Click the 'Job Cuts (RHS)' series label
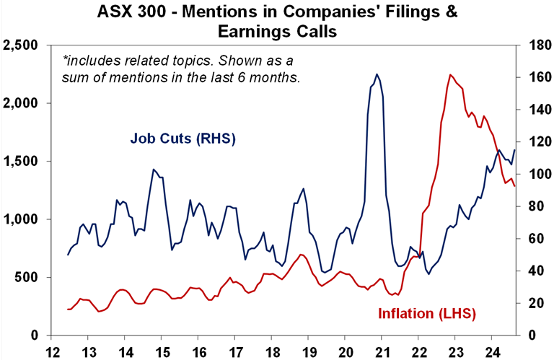click(x=183, y=138)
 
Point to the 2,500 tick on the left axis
click(x=21, y=45)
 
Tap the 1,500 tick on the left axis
click(x=21, y=162)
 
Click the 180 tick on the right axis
click(x=532, y=45)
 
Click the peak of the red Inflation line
click(x=450, y=74)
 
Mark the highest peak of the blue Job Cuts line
click(x=377, y=74)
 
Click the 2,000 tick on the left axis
click(x=21, y=103)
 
